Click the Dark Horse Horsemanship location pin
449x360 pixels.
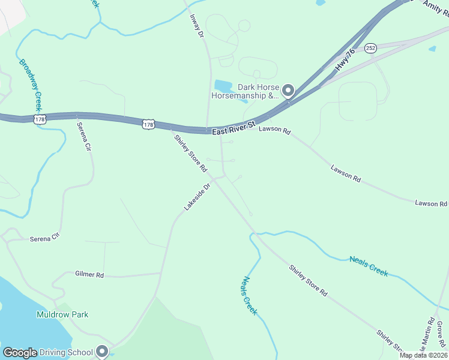(288, 91)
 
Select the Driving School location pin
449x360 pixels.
(102, 351)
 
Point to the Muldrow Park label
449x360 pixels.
(62, 314)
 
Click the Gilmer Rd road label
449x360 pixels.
(89, 274)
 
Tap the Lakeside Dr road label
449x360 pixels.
(197, 196)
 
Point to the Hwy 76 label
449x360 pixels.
(346, 61)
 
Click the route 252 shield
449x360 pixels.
(370, 47)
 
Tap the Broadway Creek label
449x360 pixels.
(29, 82)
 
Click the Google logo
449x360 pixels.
(20, 353)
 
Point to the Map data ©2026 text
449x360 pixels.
(424, 355)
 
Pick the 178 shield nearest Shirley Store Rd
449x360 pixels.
(149, 124)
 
